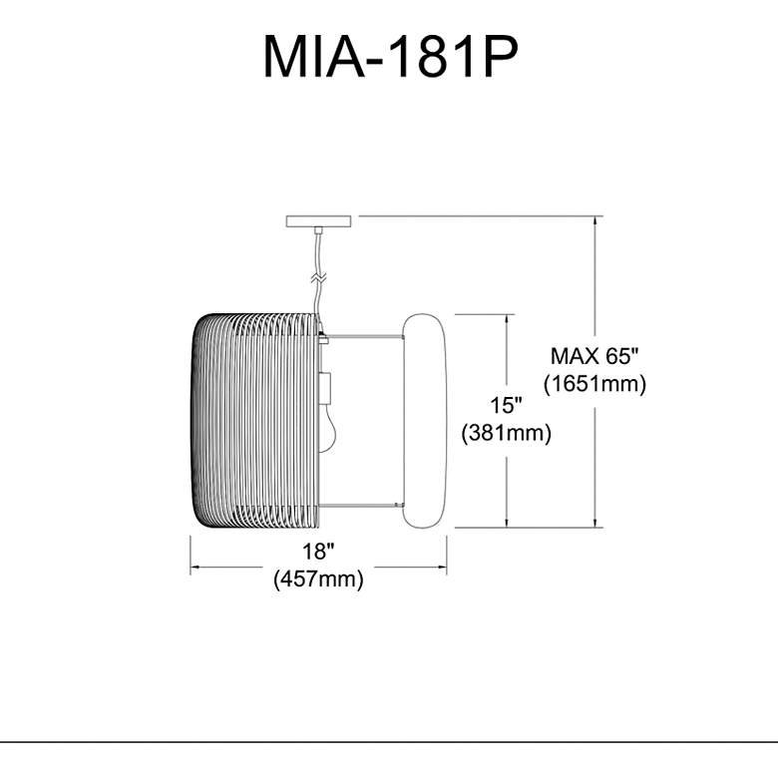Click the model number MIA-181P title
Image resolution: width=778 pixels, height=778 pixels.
click(x=389, y=57)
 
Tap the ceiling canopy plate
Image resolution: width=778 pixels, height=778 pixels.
click(x=319, y=220)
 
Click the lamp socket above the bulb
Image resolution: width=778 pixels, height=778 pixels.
click(x=326, y=386)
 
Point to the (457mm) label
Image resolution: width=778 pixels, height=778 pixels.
click(x=317, y=580)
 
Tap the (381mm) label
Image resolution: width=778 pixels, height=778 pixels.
click(x=507, y=433)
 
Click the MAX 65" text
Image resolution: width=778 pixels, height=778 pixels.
click(x=594, y=355)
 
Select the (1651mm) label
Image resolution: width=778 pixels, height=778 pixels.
click(x=595, y=383)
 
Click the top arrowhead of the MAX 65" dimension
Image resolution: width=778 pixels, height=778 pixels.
click(x=596, y=220)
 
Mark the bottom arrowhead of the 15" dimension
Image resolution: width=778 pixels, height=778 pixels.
click(x=509, y=522)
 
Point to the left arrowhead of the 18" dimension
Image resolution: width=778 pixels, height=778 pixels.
click(x=195, y=567)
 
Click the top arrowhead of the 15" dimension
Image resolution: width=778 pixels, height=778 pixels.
click(x=509, y=319)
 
